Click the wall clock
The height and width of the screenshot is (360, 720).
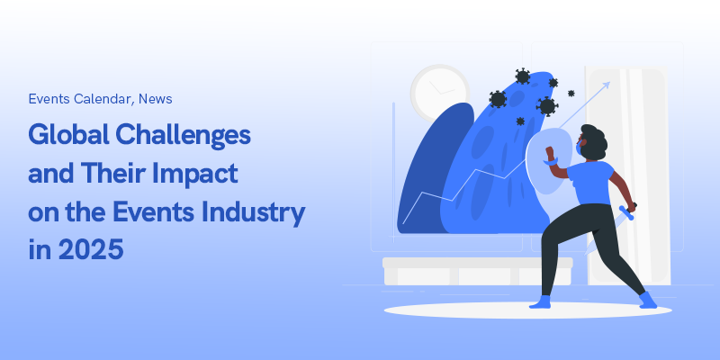point(439,93)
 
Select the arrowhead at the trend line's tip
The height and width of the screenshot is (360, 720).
point(606,85)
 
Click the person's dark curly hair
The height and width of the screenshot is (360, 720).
point(595,141)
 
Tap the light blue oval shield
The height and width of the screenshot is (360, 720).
point(549,161)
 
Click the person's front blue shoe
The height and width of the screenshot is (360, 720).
point(541,302)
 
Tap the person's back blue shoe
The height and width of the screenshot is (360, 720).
point(648,300)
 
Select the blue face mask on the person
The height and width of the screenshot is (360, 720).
point(579,148)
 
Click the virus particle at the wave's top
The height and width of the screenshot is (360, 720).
point(523,76)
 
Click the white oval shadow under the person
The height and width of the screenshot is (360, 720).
point(527,310)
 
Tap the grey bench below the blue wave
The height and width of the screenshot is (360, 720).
point(478,271)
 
